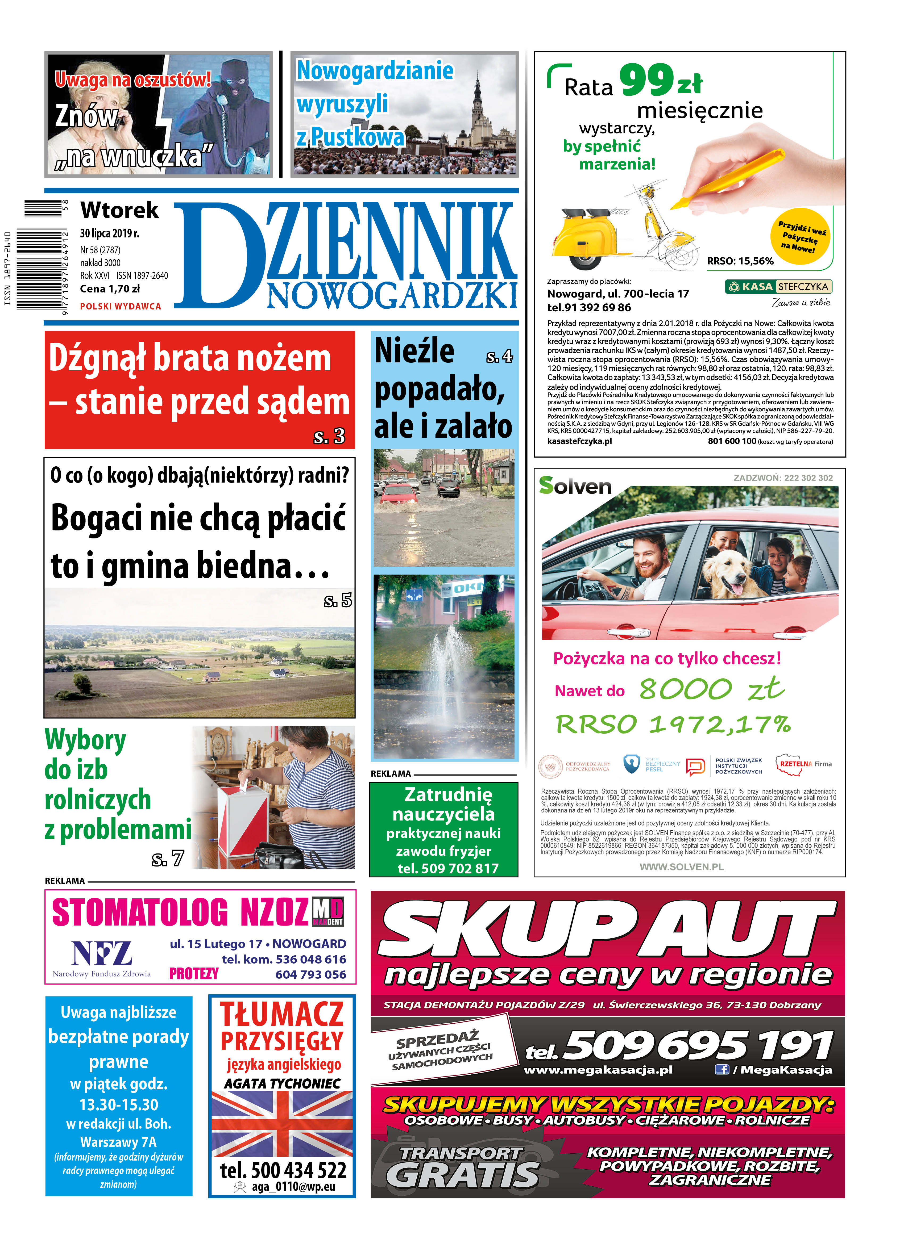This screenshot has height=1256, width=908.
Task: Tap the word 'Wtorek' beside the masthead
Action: point(119,210)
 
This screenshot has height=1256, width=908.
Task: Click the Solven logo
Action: point(575,486)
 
